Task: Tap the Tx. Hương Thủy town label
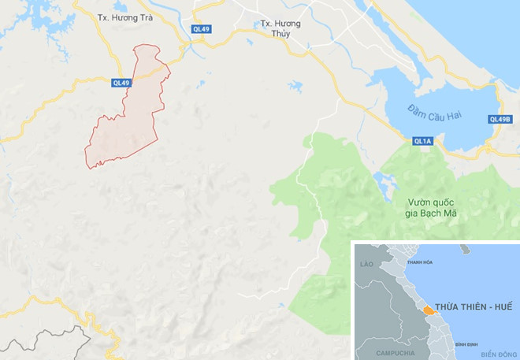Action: click(281, 28)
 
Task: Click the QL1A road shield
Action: click(422, 142)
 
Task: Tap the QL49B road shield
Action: click(500, 120)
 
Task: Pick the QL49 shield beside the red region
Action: click(120, 82)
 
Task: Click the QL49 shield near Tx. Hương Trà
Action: click(201, 30)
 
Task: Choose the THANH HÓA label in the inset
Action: click(418, 262)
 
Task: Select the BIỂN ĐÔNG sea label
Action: click(500, 354)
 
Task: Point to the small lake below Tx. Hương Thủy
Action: click(295, 86)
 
